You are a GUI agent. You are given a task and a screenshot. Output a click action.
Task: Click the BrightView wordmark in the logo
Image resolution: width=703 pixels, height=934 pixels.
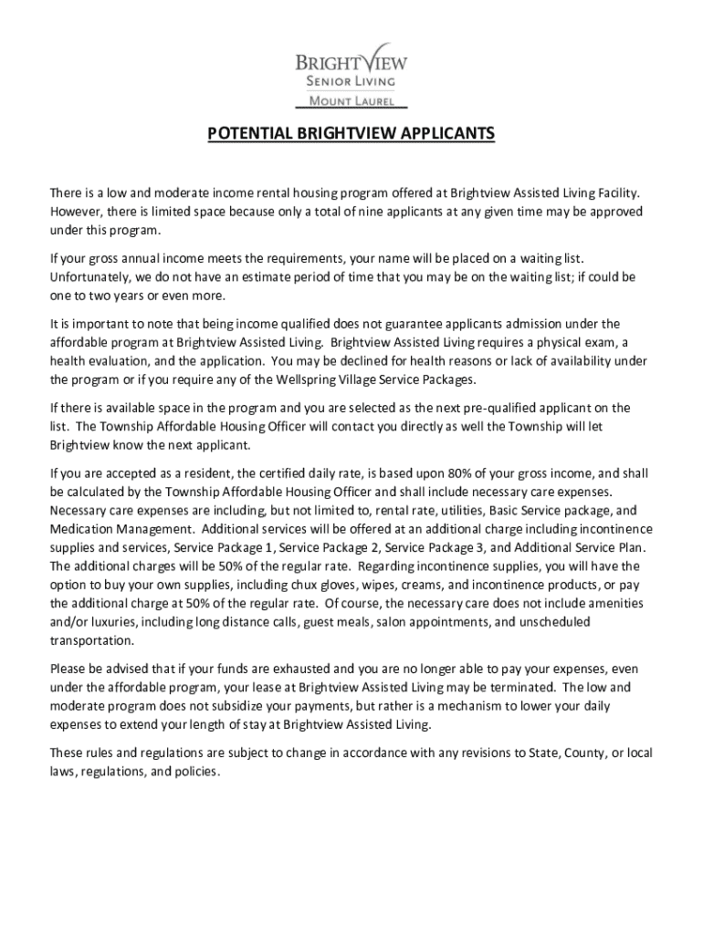pyautogui.click(x=351, y=62)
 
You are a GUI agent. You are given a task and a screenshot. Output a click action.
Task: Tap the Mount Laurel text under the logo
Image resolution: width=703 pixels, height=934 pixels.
pyautogui.click(x=351, y=101)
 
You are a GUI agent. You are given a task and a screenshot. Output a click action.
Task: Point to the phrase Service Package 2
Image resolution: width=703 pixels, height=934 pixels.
pyautogui.click(x=330, y=547)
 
